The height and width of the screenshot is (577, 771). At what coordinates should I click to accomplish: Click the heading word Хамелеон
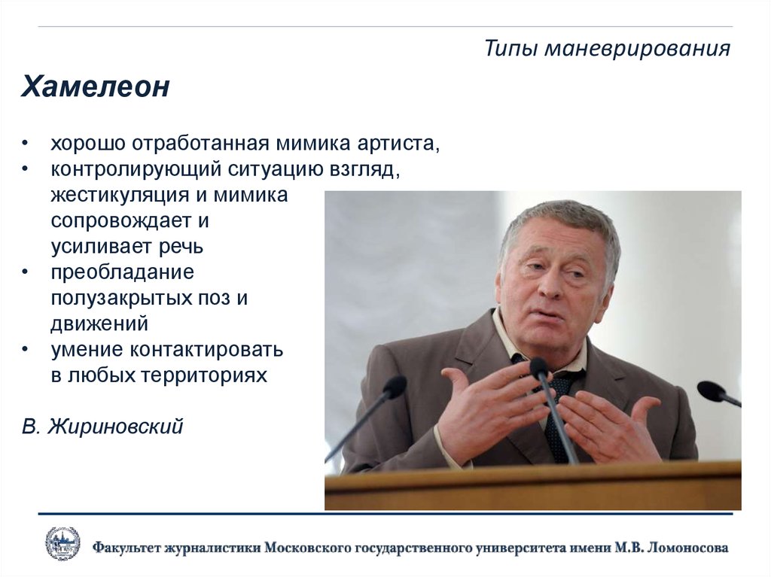95,87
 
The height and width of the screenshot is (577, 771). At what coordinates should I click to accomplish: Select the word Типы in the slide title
510,49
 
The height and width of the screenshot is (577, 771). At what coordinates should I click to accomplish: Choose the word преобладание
123,271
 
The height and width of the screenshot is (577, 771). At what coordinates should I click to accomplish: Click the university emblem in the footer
62,545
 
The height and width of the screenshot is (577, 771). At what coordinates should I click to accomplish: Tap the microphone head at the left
394,387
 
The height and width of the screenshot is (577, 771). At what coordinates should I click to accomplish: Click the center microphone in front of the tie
539,368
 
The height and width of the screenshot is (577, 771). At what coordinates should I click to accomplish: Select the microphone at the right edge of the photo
711,390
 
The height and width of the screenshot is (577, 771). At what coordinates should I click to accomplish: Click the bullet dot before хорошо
26,144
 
